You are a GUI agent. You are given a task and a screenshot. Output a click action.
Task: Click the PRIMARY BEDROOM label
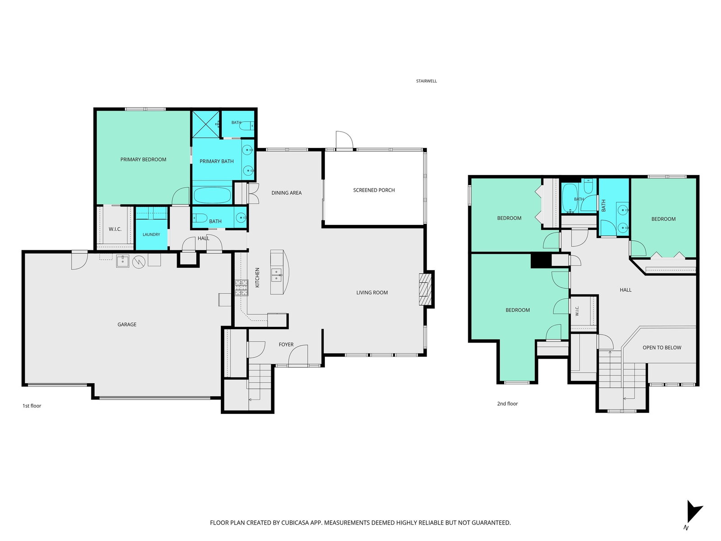pyautogui.click(x=143, y=160)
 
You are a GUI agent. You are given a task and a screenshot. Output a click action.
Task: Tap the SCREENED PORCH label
pyautogui.click(x=374, y=190)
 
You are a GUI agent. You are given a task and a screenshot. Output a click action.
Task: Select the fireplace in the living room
pyautogui.click(x=425, y=289)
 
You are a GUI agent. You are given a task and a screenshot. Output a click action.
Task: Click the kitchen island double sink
pyautogui.click(x=276, y=275)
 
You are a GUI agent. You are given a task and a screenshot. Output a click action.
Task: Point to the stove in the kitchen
pyautogui.click(x=241, y=288)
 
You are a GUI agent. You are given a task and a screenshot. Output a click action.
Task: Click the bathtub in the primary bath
pyautogui.click(x=212, y=195)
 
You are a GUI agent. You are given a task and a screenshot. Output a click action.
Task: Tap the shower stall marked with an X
pyautogui.click(x=205, y=124)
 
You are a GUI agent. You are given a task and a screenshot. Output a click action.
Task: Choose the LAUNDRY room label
pyautogui.click(x=151, y=234)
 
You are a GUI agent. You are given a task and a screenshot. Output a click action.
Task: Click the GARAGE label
pyautogui.click(x=127, y=325)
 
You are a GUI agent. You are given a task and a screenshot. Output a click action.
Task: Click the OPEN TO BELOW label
pyautogui.click(x=662, y=348)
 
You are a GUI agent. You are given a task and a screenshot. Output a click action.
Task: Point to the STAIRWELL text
pyautogui.click(x=426, y=81)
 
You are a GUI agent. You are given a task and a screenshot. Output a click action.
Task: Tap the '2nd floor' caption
pyautogui.click(x=507, y=403)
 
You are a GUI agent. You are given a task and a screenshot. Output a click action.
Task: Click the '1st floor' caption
pyautogui.click(x=32, y=406)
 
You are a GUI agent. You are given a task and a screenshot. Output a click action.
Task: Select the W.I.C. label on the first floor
pyautogui.click(x=115, y=229)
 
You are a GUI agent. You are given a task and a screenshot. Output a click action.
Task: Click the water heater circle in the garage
pyautogui.click(x=139, y=262)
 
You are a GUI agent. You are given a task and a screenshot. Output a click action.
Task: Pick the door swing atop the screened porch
pyautogui.click(x=344, y=141)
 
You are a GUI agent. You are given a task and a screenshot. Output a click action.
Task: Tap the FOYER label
pyautogui.click(x=286, y=344)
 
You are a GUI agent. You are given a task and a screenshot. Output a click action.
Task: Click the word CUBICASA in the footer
pyautogui.click(x=295, y=523)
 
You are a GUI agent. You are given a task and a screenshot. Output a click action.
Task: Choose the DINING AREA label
pyautogui.click(x=287, y=193)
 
